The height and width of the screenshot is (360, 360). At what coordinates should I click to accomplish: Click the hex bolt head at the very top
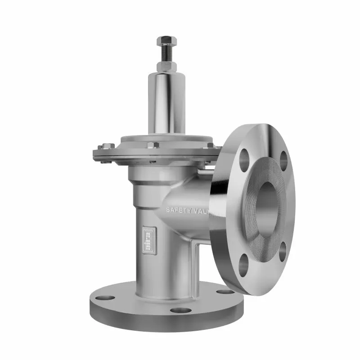(166, 41)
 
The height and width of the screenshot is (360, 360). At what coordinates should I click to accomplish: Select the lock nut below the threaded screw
(166, 67)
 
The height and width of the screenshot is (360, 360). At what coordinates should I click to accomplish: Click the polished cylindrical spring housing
(166, 103)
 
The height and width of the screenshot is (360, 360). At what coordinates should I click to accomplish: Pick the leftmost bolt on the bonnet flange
(106, 146)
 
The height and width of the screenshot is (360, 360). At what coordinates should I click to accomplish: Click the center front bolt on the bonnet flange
(153, 145)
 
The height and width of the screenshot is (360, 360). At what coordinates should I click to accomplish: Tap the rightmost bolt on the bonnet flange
(210, 145)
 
